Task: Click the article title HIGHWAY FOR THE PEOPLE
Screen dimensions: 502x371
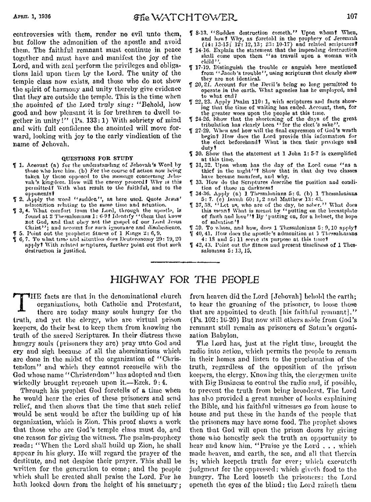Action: coord(185,279)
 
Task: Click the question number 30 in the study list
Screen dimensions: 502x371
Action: coord(197,153)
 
